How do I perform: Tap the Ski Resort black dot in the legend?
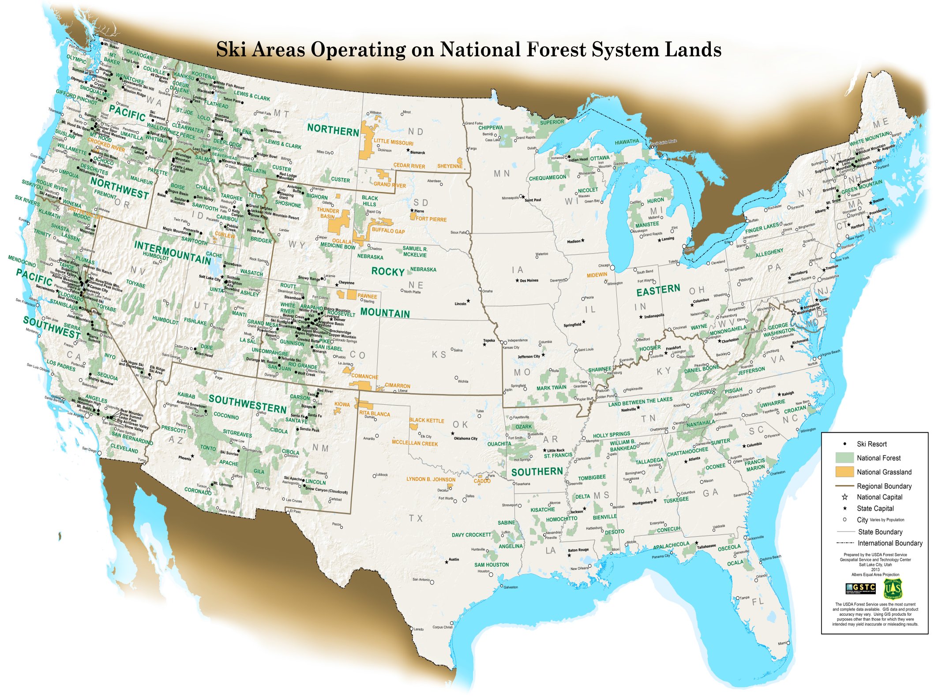[844, 444]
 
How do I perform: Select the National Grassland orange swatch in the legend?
[844, 471]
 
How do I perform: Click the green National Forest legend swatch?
[844, 457]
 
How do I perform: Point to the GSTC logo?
[860, 588]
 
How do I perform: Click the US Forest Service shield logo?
[893, 588]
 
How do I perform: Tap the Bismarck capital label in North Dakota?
[417, 153]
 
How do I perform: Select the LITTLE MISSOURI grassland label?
[394, 142]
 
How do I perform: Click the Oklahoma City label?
[465, 438]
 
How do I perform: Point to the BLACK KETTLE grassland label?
[427, 420]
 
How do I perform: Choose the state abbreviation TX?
[416, 518]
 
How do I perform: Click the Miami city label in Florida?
[782, 644]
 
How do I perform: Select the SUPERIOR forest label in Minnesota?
[552, 122]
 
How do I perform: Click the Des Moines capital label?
[529, 281]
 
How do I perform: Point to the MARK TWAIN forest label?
[551, 388]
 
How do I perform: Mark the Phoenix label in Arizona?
[185, 458]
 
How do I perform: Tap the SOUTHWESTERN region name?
[248, 404]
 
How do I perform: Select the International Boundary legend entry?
[889, 543]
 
